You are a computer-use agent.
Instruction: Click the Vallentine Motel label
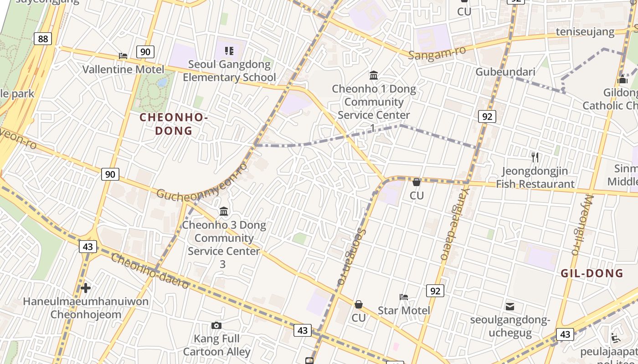[x=123, y=70]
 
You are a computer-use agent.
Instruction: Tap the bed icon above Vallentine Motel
[x=123, y=56]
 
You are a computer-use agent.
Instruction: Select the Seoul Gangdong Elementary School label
[x=229, y=71]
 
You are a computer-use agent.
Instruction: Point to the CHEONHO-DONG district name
[x=174, y=124]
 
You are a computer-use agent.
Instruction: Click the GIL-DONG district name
[x=592, y=273]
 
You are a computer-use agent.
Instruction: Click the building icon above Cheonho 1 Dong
[x=374, y=75]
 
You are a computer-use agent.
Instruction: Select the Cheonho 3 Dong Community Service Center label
[x=224, y=244]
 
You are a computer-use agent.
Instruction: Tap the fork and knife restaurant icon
[x=535, y=157]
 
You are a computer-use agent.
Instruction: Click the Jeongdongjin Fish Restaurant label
[x=535, y=177]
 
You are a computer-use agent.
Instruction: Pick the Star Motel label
[x=404, y=310]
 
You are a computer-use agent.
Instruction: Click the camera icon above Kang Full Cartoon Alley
[x=216, y=325]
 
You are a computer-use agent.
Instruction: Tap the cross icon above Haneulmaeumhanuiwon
[x=86, y=288]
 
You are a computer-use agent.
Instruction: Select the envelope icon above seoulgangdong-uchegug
[x=510, y=307]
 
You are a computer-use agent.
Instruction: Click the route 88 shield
[x=43, y=39]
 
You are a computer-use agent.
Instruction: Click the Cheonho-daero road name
[x=150, y=271]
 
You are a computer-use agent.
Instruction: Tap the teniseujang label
[x=585, y=32]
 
